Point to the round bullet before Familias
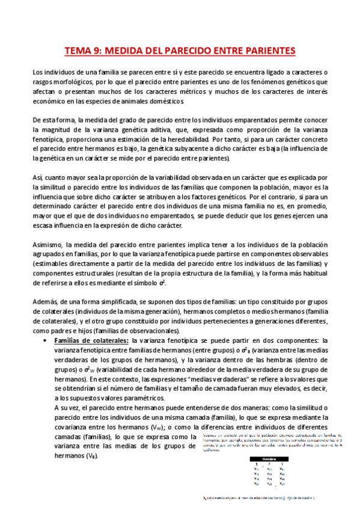pyautogui.click(x=47, y=341)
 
